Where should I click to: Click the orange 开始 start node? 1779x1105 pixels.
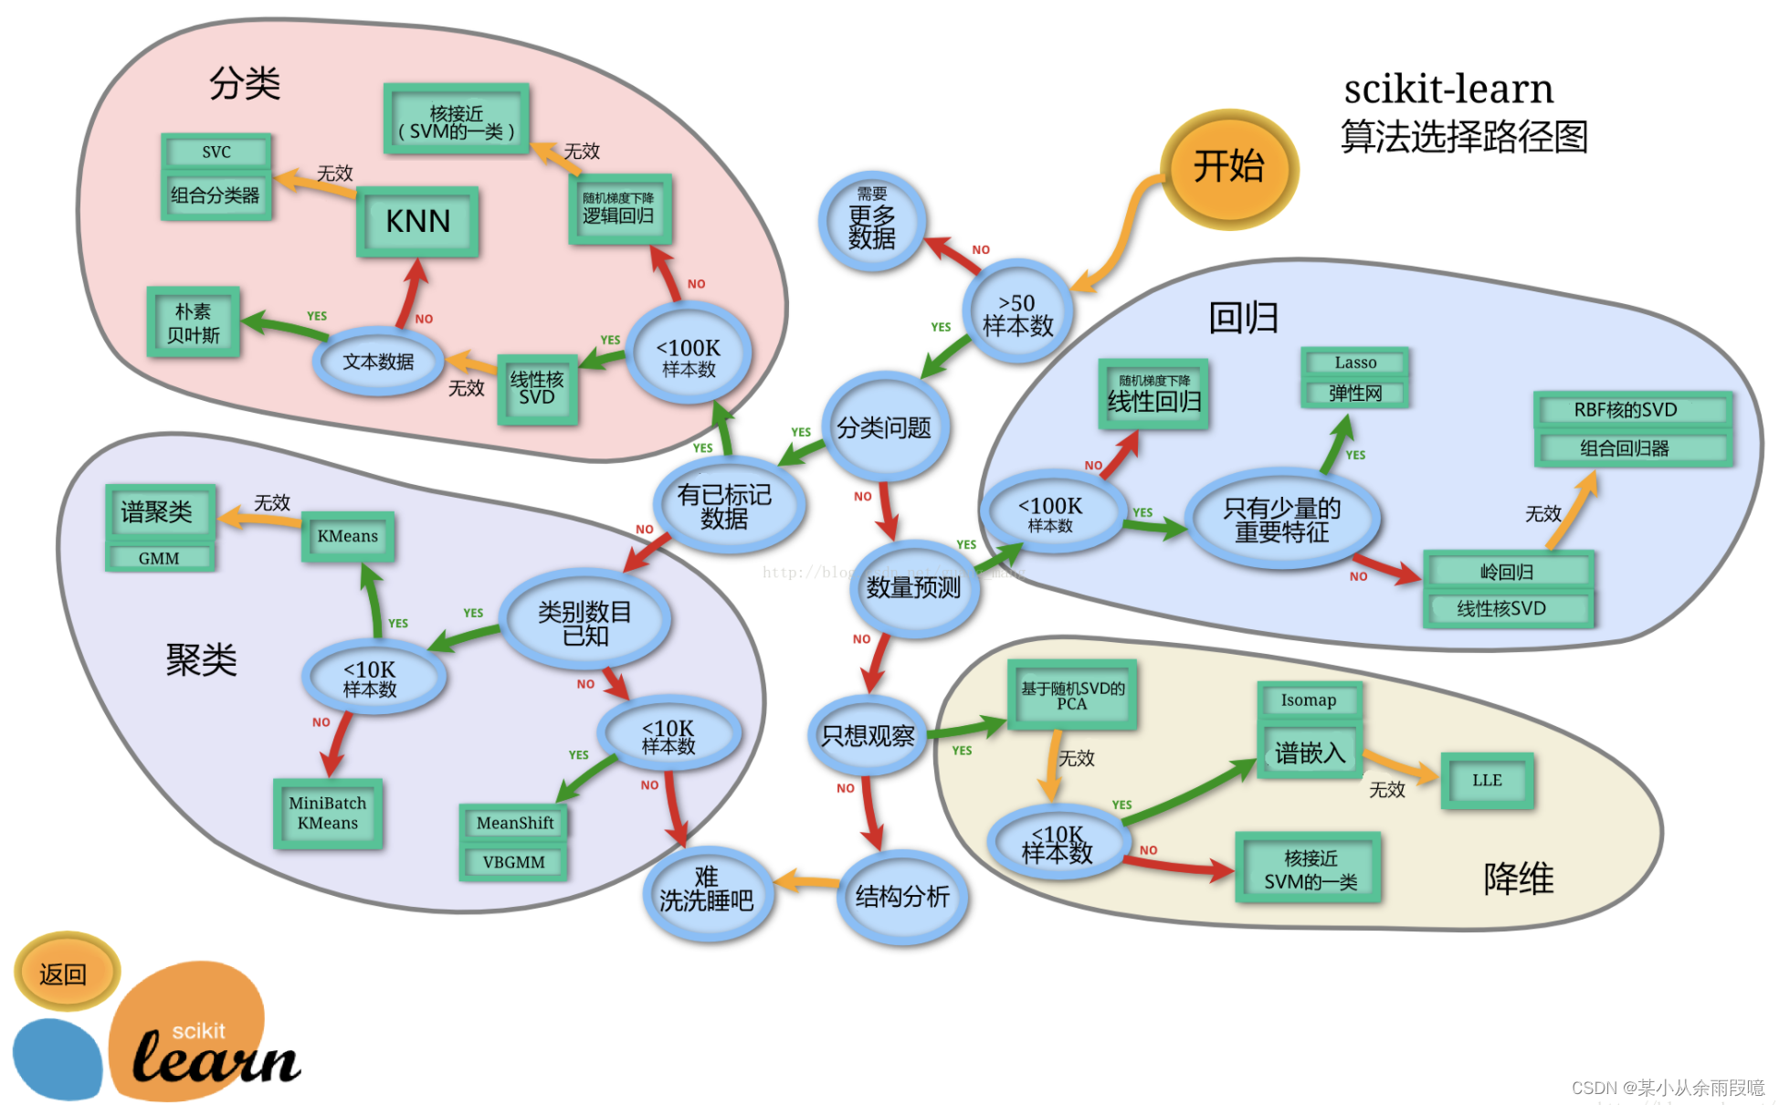pos(1228,167)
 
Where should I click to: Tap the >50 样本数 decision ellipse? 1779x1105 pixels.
pos(1017,312)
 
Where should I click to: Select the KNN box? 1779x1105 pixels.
pos(417,221)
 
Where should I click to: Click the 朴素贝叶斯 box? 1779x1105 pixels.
pos(194,322)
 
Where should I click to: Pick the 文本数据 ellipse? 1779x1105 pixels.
pos(378,362)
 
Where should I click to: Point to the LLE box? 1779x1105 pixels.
pos(1487,780)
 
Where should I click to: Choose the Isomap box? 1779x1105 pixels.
pos(1309,700)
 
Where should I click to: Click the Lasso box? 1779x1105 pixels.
pos(1355,363)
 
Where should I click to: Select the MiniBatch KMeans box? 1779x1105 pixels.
pos(327,813)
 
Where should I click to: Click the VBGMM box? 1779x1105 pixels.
pos(513,861)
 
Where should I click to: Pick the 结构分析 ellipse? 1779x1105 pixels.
pos(901,896)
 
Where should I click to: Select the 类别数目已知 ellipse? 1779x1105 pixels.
pos(584,623)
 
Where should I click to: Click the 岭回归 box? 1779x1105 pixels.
pos(1508,572)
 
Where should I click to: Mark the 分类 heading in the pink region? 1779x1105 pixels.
pos(245,83)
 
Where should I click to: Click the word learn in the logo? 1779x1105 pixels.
pos(216,1059)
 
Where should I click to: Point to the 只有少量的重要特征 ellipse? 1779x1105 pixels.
pos(1281,520)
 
